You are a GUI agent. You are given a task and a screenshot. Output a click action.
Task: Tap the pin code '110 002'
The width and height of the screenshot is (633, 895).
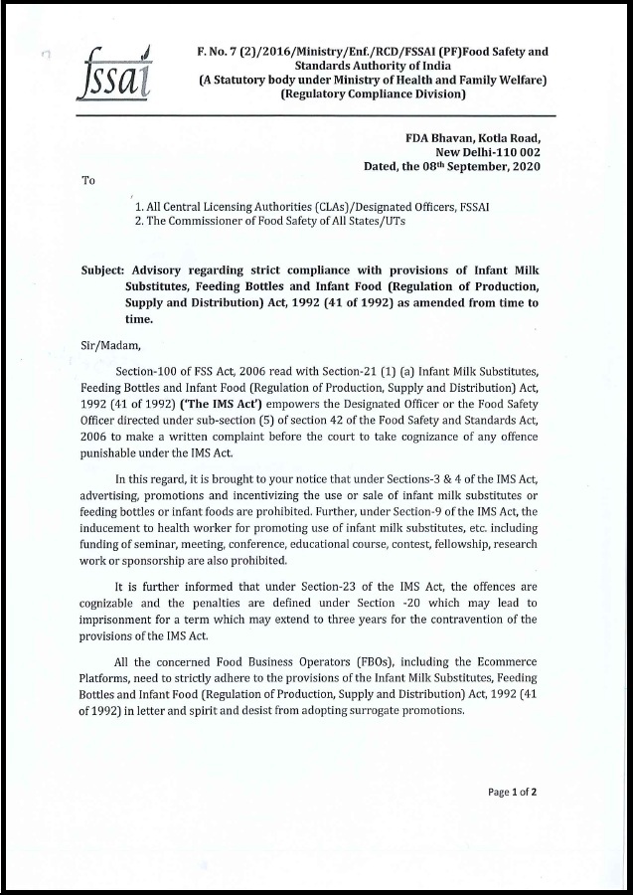coord(522,152)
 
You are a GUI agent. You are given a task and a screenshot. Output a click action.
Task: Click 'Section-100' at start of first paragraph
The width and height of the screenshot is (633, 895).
coord(149,371)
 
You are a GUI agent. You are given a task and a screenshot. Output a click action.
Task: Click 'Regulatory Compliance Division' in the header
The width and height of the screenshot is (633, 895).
coord(373,94)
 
